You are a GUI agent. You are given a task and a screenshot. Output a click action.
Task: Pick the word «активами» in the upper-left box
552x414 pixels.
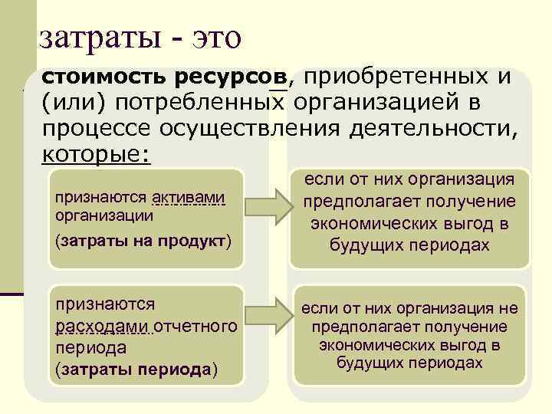click(x=189, y=199)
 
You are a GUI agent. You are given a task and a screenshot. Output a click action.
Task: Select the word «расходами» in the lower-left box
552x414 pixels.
click(x=103, y=327)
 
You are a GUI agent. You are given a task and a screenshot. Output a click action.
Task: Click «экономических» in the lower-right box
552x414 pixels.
click(x=367, y=345)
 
